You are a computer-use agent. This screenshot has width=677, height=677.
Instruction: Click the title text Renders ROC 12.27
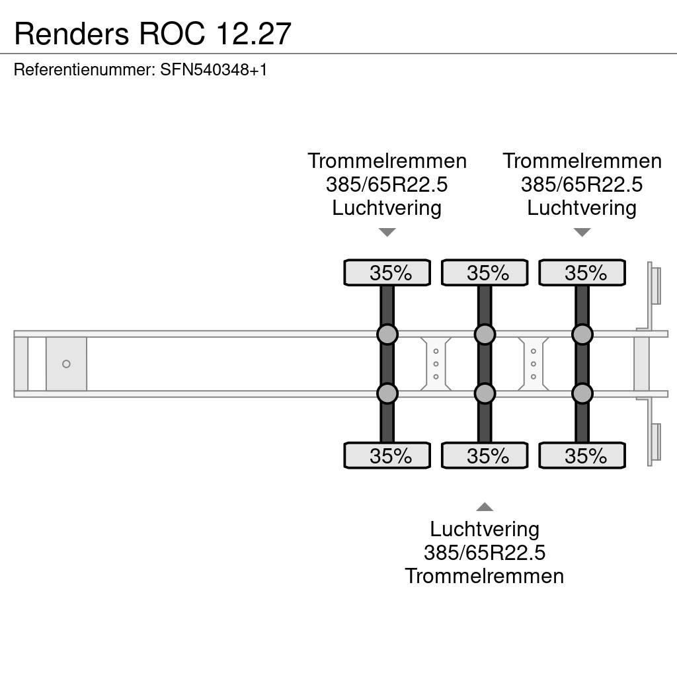[x=153, y=34]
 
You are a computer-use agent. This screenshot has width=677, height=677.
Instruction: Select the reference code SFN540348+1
[x=214, y=69]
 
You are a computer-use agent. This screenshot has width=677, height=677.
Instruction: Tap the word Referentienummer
[x=83, y=69]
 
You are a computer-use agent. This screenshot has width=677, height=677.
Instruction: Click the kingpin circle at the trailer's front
[x=66, y=364]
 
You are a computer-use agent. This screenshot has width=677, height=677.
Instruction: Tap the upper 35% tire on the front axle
[x=387, y=273]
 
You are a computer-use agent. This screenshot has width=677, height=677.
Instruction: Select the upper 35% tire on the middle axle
[x=485, y=273]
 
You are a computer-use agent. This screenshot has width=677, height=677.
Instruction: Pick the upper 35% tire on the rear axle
[x=582, y=273]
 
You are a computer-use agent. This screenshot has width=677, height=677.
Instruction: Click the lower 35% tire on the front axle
[x=387, y=456]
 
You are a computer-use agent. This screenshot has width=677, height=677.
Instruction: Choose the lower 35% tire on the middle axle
[x=485, y=456]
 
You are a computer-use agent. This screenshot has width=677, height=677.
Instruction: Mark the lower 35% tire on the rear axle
[x=582, y=456]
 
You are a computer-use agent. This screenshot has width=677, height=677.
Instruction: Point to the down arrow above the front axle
[x=387, y=232]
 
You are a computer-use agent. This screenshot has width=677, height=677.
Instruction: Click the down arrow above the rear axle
[x=582, y=232]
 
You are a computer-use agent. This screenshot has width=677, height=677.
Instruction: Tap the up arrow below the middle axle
[x=485, y=507]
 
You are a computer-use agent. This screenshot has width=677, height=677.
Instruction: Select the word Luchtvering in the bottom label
[x=485, y=529]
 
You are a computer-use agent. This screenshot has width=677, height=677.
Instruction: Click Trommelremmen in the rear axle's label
[x=582, y=161]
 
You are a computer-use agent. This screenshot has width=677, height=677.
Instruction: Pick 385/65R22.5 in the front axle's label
[x=387, y=184]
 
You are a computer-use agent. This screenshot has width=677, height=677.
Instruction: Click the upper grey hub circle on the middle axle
[x=485, y=335]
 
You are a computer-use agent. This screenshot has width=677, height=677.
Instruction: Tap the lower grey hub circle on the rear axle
[x=582, y=394]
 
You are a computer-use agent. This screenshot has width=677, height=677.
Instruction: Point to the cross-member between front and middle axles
[x=436, y=364]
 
